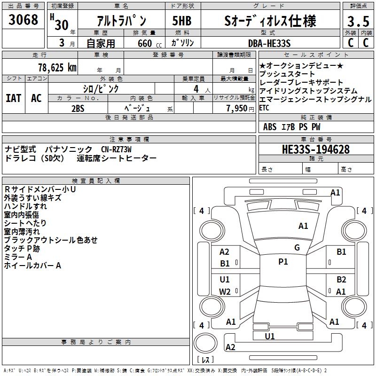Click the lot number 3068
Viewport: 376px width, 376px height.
(x=23, y=21)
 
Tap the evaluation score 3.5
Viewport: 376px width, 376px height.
(x=358, y=22)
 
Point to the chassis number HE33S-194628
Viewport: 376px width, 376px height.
(x=315, y=149)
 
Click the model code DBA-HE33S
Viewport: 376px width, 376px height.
(x=269, y=43)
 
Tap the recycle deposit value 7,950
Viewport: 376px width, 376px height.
(x=236, y=108)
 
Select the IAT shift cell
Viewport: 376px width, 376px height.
(x=14, y=98)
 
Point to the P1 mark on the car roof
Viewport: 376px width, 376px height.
(x=283, y=262)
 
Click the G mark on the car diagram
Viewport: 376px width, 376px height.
(x=297, y=248)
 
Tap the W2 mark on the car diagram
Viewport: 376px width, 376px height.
(x=225, y=291)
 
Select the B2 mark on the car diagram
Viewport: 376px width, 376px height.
(x=341, y=279)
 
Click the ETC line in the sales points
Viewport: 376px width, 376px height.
(x=264, y=107)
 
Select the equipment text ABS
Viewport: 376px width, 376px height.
(x=270, y=127)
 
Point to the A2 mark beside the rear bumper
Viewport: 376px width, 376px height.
(x=230, y=347)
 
